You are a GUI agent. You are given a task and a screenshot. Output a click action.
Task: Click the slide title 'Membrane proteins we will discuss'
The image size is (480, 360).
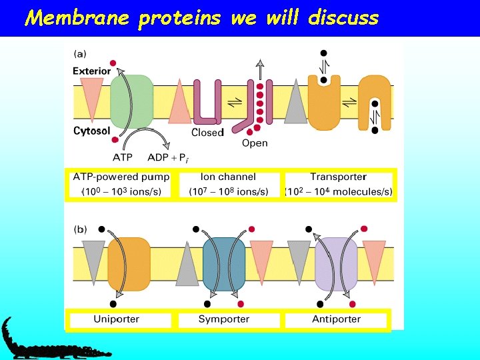(201, 17)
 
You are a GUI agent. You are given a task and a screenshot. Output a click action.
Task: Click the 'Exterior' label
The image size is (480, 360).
(92, 71)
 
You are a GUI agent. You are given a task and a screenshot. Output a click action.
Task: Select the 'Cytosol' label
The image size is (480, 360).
(91, 131)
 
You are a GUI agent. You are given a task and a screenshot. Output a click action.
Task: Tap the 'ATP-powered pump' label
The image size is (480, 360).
(121, 177)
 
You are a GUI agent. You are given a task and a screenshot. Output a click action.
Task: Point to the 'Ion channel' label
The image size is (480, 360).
(228, 177)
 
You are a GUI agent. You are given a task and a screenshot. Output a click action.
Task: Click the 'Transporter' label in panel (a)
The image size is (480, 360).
(338, 177)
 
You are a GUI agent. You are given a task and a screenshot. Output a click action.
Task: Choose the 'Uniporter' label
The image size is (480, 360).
(117, 319)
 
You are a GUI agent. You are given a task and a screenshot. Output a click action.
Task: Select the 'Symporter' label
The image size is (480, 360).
(223, 319)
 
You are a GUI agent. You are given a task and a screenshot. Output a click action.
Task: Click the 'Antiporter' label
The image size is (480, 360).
(336, 319)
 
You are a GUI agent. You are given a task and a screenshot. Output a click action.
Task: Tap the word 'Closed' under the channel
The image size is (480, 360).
(207, 133)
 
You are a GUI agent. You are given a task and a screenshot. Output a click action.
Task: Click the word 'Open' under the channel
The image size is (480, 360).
(255, 143)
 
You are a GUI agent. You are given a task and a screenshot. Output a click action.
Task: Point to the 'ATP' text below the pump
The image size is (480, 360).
(123, 158)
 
